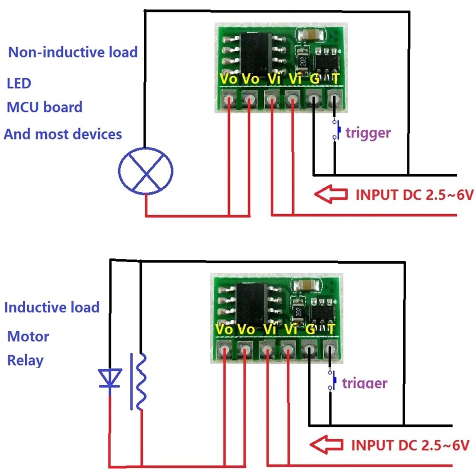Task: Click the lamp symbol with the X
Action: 146,171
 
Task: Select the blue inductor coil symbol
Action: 140,381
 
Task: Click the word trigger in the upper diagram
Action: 368,133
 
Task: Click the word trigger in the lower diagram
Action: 365,383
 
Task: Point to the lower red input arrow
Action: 327,444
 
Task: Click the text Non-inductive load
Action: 73,52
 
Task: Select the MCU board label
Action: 44,107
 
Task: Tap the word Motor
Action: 28,337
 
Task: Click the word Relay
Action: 25,360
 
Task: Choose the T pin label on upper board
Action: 336,79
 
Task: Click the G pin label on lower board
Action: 309,329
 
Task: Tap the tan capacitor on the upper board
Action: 311,35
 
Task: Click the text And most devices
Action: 63,134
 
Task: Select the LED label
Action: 19,83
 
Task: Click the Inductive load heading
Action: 51,307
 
